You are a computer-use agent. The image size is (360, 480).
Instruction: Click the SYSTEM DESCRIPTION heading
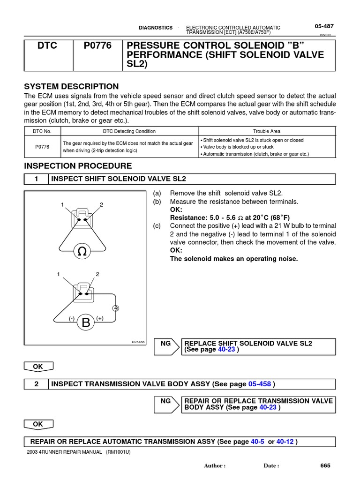pyautogui.click(x=71, y=86)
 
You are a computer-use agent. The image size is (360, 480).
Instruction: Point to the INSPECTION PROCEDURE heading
pyautogui.click(x=78, y=166)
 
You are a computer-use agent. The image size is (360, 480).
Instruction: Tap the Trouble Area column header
pyautogui.click(x=266, y=131)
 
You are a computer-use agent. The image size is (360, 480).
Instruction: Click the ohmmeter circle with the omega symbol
pyautogui.click(x=82, y=252)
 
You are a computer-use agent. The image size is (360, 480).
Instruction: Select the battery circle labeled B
pyautogui.click(x=86, y=322)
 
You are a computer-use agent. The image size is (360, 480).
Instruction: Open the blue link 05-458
pyautogui.click(x=260, y=384)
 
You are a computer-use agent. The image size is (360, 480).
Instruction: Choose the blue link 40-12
pyautogui.click(x=285, y=442)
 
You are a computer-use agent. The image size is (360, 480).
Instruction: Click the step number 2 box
pyautogui.click(x=37, y=384)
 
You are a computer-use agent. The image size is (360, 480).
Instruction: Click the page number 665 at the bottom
pyautogui.click(x=325, y=465)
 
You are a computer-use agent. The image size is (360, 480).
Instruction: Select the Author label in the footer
pyautogui.click(x=215, y=466)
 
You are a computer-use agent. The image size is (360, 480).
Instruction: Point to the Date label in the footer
pyautogui.click(x=271, y=466)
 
